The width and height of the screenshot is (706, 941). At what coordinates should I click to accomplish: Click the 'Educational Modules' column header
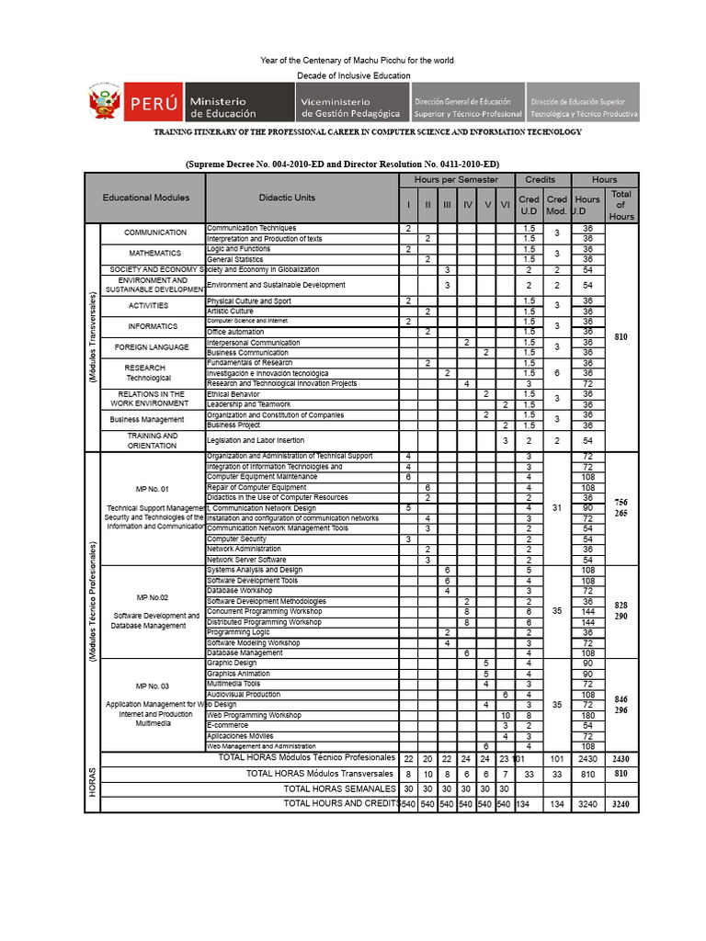click(x=146, y=198)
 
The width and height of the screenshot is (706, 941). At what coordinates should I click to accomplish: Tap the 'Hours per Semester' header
click(x=456, y=179)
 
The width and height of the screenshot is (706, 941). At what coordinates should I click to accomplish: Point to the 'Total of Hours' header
click(x=621, y=205)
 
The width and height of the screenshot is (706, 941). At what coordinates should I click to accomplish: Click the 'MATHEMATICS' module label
click(x=154, y=253)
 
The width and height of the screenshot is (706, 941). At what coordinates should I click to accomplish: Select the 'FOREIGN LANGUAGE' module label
click(x=152, y=347)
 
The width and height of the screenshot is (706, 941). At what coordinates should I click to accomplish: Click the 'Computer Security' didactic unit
click(x=236, y=539)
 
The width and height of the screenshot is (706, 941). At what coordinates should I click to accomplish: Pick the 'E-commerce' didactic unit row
click(x=228, y=725)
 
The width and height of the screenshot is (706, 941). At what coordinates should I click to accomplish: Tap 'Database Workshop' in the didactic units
click(x=239, y=591)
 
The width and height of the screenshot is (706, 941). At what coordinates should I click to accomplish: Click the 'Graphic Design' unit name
click(x=232, y=663)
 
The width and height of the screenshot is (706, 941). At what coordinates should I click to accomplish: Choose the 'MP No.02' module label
click(x=153, y=597)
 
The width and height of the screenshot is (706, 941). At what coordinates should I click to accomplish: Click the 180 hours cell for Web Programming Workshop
click(x=587, y=715)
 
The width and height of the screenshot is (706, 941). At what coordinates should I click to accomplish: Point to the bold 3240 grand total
click(x=621, y=804)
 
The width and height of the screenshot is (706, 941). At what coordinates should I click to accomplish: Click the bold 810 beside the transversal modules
click(x=621, y=337)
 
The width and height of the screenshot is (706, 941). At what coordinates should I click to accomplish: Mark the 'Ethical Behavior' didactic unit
click(x=233, y=394)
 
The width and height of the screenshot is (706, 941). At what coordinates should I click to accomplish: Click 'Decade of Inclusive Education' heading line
click(x=354, y=75)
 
